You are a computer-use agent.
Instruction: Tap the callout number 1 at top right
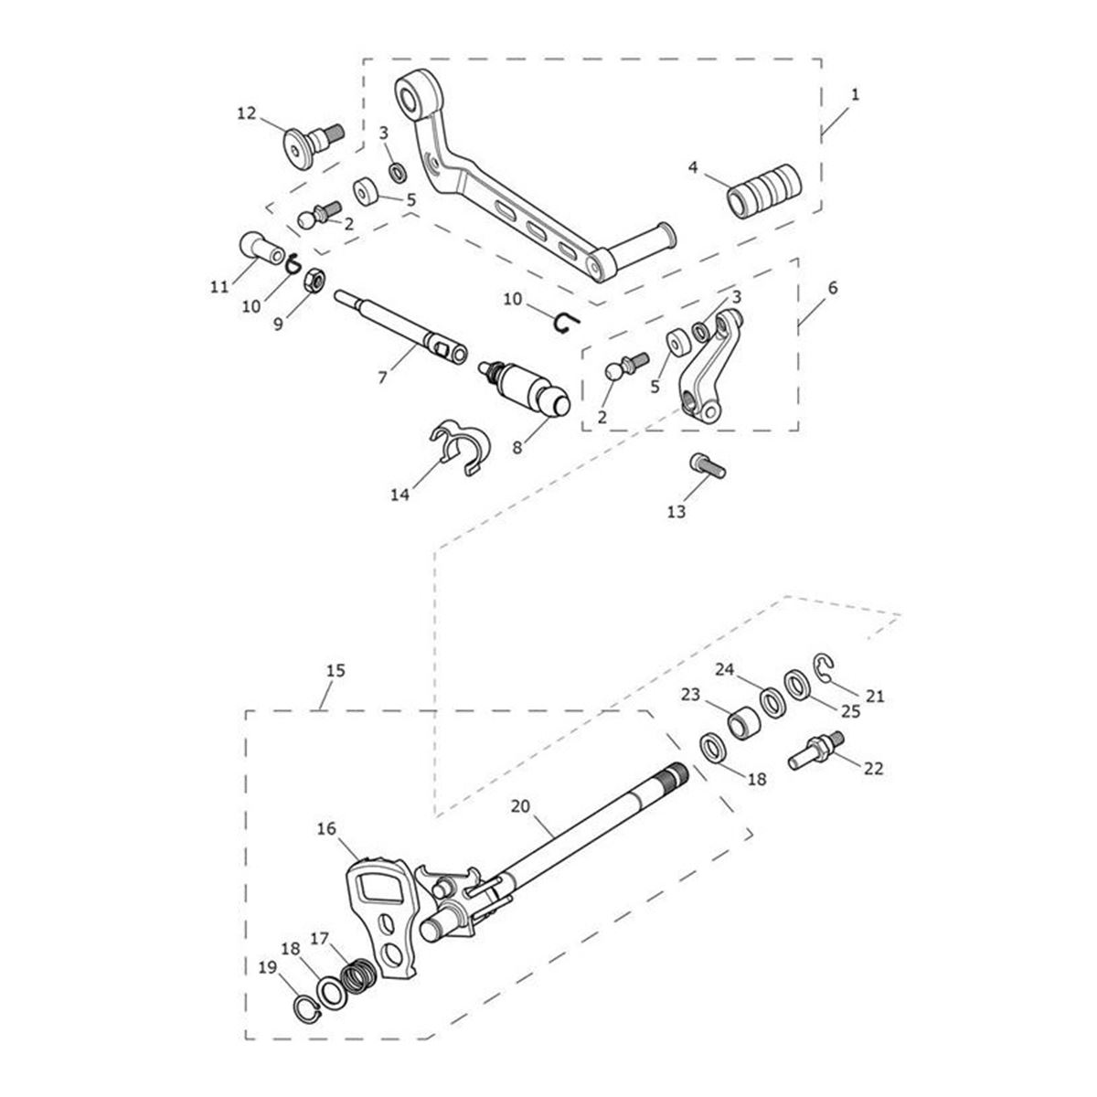pyautogui.click(x=855, y=94)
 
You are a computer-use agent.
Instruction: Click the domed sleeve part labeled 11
pyautogui.click(x=257, y=247)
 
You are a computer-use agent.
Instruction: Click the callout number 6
pyautogui.click(x=831, y=287)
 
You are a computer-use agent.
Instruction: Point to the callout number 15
pyautogui.click(x=335, y=671)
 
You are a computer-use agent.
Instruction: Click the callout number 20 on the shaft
pyautogui.click(x=520, y=807)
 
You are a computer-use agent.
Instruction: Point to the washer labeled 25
pyautogui.click(x=795, y=684)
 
